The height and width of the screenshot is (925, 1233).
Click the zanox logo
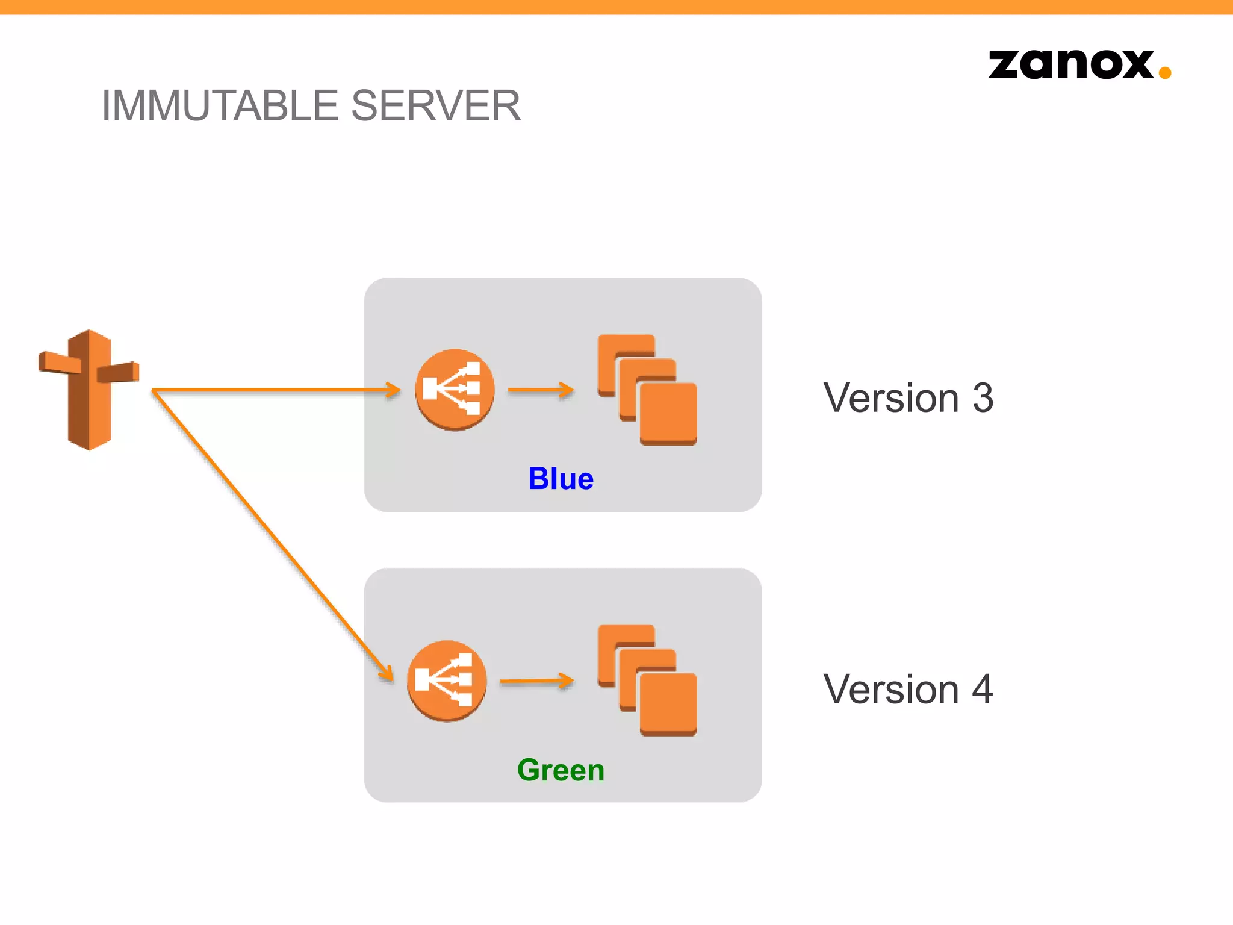point(1072,65)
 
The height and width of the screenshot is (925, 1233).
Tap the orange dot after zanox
point(1164,73)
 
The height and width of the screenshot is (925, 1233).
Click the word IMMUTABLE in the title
point(220,106)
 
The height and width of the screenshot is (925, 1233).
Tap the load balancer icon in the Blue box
point(455,390)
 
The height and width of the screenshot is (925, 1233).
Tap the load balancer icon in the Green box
point(447,681)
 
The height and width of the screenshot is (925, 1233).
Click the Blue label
point(561,479)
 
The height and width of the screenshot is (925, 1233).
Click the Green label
point(561,770)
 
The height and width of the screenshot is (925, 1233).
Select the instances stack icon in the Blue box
point(647,390)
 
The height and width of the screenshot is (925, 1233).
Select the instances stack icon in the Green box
point(647,681)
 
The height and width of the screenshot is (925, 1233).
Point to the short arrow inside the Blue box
point(540,390)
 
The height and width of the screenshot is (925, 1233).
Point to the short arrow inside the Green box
point(536,681)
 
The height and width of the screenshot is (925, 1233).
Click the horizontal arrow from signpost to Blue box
point(271,390)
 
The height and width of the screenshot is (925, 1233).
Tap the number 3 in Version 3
point(983,399)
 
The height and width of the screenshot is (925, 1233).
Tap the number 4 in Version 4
point(983,690)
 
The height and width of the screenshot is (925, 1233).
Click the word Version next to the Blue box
point(891,399)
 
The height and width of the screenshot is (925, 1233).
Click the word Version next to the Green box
point(891,690)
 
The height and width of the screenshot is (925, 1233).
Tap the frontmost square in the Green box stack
point(668,704)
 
